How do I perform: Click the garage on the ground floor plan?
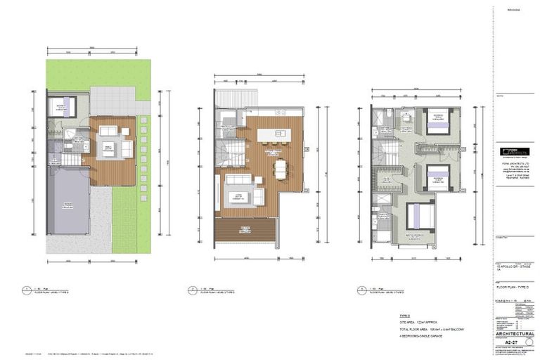(x=67, y=203)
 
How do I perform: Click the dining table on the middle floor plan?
(x=281, y=169)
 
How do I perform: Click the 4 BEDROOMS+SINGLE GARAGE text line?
(x=421, y=335)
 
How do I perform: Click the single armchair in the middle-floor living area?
(x=259, y=194)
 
